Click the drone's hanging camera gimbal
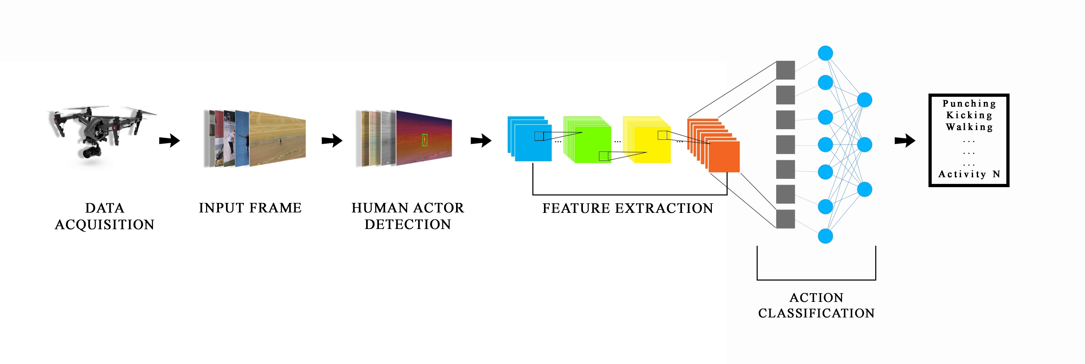89,152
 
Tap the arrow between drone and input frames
169,140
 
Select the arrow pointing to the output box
904,140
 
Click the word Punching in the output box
969,104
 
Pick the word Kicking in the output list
969,115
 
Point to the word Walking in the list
969,127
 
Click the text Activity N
969,174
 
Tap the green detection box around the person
425,140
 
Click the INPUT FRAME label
250,208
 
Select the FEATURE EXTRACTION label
628,208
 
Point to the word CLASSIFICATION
816,313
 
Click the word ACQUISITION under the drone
104,225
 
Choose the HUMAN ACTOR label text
408,208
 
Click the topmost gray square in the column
786,70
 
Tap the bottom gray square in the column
786,219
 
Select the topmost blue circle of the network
825,53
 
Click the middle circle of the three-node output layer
865,145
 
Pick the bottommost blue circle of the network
825,236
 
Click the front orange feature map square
724,157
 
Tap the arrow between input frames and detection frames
332,140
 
